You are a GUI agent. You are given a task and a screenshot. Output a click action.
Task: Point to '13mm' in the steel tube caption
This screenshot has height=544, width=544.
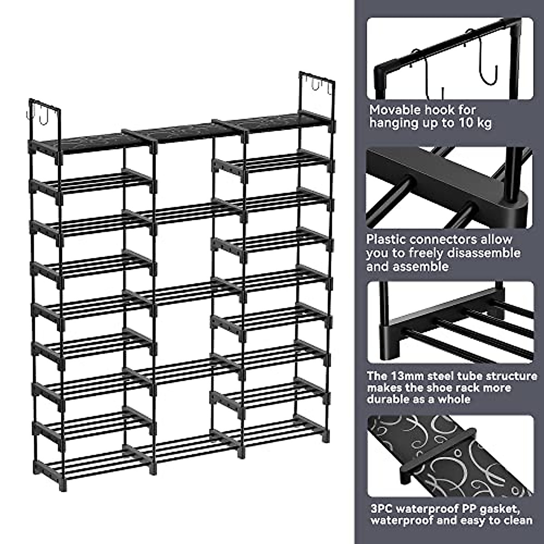tap(403, 376)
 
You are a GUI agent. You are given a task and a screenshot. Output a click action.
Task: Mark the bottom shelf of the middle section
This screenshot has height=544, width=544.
tap(184, 447)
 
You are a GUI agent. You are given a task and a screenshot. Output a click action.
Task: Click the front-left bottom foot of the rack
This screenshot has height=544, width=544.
tap(62, 485)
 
